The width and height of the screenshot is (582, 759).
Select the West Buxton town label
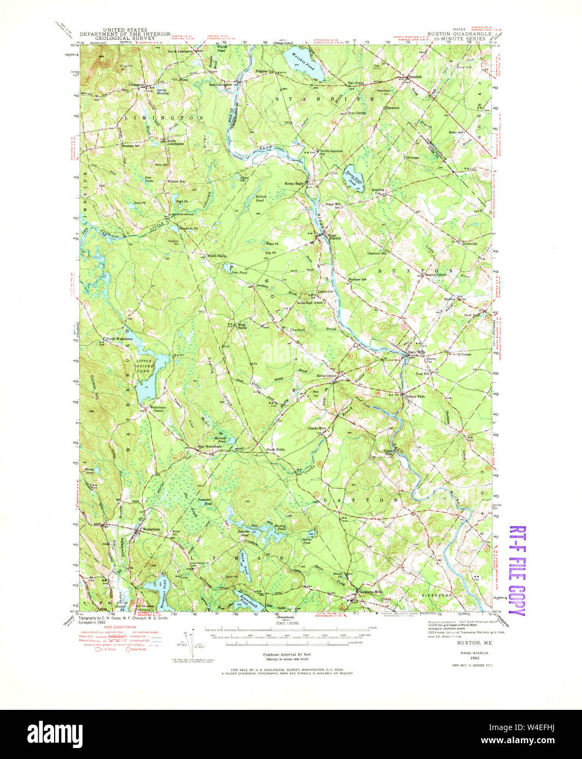[x=334, y=237]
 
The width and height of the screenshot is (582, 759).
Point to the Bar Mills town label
[x=416, y=352]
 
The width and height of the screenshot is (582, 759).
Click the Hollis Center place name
[x=326, y=376]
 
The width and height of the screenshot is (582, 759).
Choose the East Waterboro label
[x=209, y=446]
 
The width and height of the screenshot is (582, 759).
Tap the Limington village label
[x=137, y=85]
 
